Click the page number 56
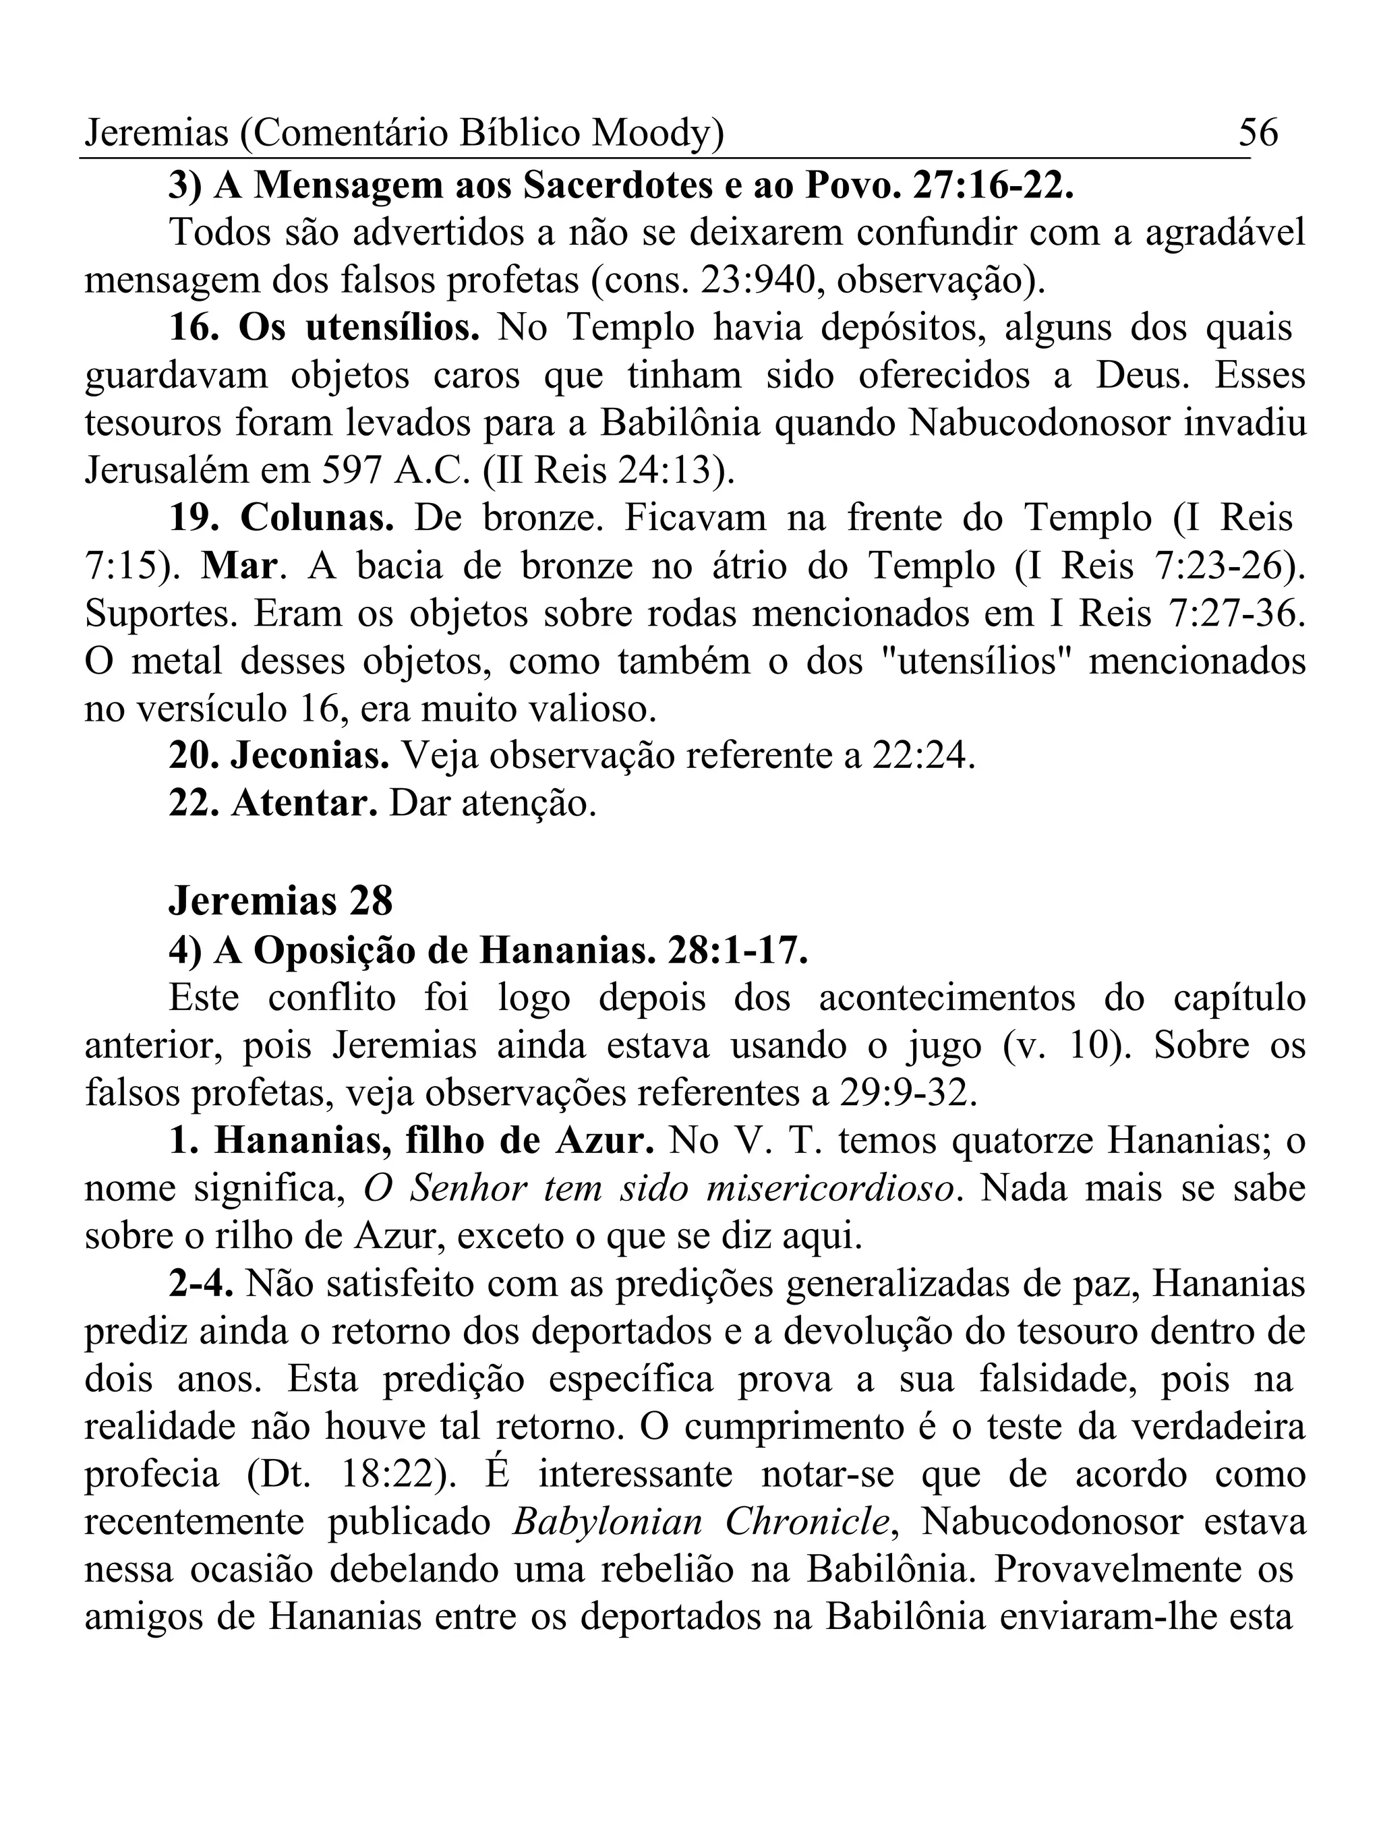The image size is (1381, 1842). (1258, 132)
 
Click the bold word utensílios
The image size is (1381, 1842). (392, 328)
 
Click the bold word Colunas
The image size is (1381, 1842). (318, 518)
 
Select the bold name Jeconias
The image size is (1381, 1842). (310, 756)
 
